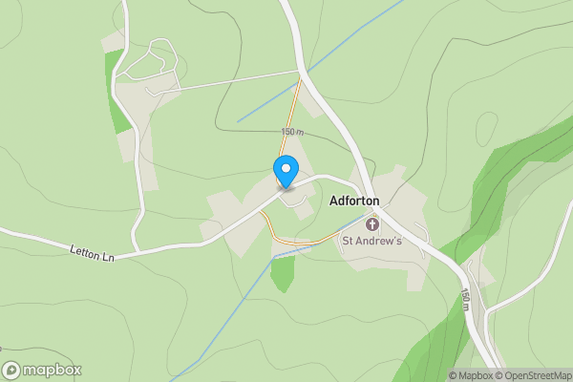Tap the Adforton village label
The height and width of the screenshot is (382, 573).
tap(353, 202)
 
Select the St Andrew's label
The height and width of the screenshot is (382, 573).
tap(372, 241)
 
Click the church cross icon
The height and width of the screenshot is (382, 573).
tap(372, 224)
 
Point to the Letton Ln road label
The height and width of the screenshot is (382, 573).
tap(92, 251)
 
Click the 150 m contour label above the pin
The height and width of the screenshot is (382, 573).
tap(292, 132)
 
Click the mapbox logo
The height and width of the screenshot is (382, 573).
tap(42, 371)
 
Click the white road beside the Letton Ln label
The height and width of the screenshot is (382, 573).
tap(172, 246)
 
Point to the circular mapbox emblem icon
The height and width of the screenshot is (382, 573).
tap(11, 371)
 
